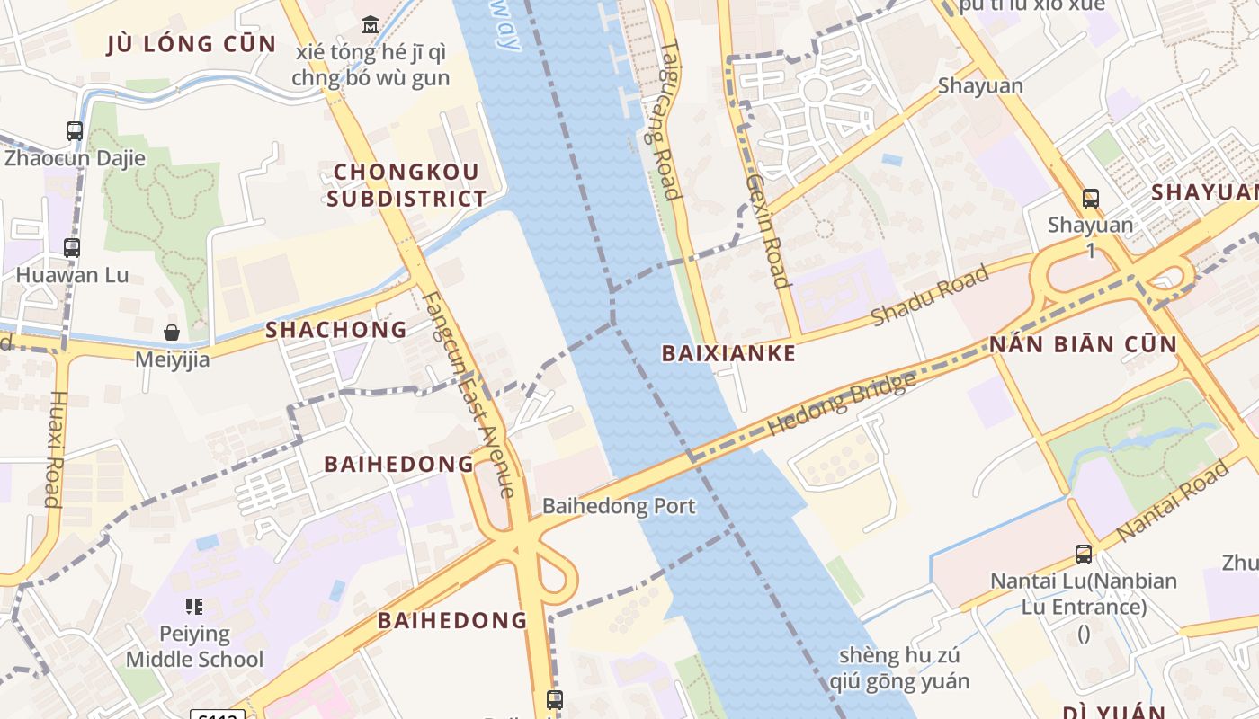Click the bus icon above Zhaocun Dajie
[75, 131]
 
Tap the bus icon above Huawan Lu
[72, 248]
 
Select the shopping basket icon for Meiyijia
[172, 333]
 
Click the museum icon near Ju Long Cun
[371, 24]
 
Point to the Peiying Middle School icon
[194, 607]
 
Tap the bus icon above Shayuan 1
[1091, 198]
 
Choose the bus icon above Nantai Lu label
[1084, 555]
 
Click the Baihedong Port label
[619, 506]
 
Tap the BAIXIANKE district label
[729, 353]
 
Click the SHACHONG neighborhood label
[336, 330]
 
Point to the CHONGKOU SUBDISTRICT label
[406, 185]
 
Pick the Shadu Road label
[930, 296]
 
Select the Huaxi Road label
[55, 448]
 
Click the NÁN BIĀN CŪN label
[1083, 344]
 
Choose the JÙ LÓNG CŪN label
[192, 44]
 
